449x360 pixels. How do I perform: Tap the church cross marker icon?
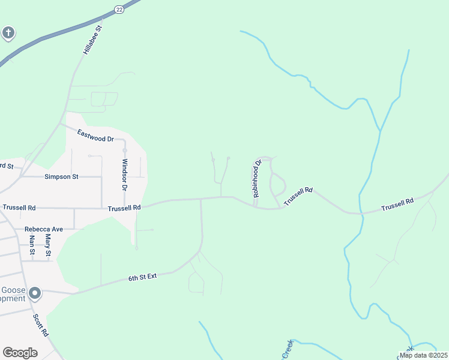pos(8,32)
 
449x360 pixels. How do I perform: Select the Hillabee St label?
pos(94,40)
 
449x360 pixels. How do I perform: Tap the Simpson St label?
pos(62,177)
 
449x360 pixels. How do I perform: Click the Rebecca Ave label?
pos(44,229)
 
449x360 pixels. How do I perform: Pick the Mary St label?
pos(48,246)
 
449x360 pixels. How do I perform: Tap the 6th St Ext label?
pos(142,277)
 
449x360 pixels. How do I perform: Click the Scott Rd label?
pos(40,325)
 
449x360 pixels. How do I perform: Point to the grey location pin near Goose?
pos(35,293)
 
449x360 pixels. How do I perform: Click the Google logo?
pos(20,353)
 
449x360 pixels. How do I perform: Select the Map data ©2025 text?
pos(423,355)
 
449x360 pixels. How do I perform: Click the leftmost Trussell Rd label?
pos(19,208)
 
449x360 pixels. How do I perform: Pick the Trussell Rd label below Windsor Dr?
pos(124,208)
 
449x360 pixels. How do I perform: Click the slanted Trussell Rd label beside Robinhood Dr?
pos(298,196)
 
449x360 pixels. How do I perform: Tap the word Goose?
pos(13,290)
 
